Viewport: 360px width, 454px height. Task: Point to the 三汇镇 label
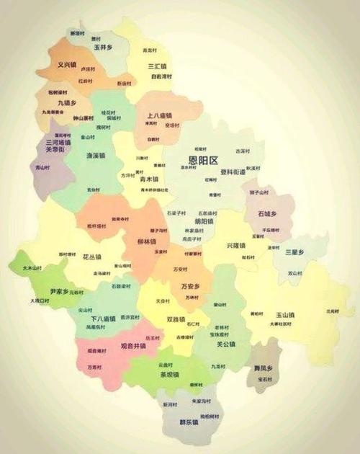tap(157, 65)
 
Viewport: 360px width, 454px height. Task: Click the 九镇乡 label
tap(67, 103)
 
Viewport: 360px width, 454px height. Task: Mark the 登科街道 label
tap(233, 172)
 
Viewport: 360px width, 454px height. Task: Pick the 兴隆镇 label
tap(235, 246)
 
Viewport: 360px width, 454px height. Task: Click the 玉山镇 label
tap(287, 315)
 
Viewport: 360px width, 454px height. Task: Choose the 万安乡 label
tap(190, 286)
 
